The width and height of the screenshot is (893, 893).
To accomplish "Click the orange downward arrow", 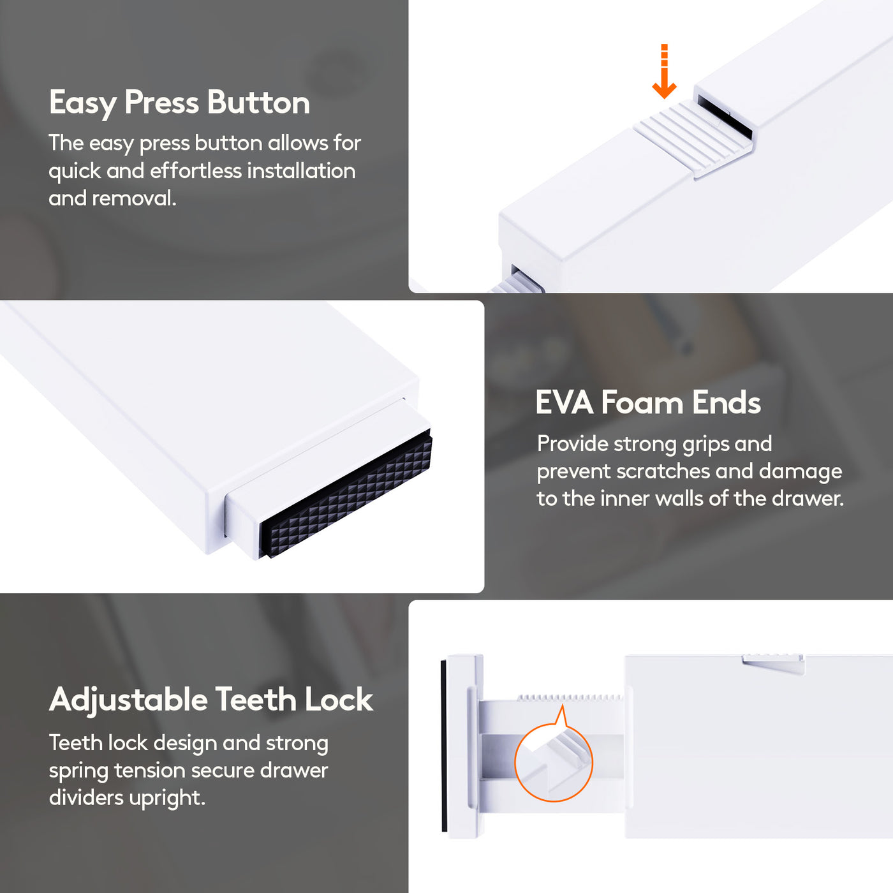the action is coord(664,72).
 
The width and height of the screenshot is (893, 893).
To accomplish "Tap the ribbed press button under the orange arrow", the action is coord(694,138).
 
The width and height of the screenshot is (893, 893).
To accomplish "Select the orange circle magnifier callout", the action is coord(553,762).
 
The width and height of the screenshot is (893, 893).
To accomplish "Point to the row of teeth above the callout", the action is coord(570,697).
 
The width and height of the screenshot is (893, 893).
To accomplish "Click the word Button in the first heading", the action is coord(258,103).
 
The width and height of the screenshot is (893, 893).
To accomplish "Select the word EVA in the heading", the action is coord(565,402).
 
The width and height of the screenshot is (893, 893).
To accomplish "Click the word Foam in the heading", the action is coord(642,402).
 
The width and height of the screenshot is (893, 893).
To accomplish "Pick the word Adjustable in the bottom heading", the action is coord(128,700).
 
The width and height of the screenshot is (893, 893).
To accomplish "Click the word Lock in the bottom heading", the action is coord(339,699).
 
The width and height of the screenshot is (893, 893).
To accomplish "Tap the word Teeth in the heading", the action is coord(256,699).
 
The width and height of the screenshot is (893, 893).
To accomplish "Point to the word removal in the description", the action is coord(134,198).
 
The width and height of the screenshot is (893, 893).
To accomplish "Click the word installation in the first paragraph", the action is coord(301,170).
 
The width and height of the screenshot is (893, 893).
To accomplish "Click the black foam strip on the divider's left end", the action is coord(443,746).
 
